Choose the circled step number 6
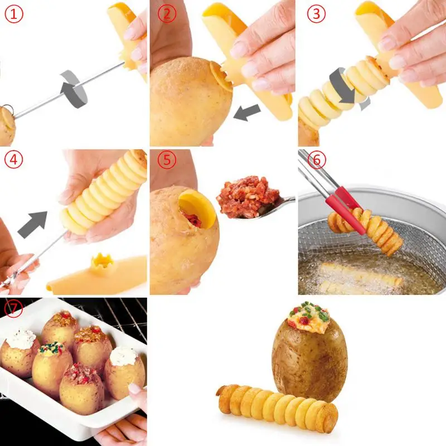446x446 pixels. pos(317,161)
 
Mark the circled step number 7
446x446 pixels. pos(13,308)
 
